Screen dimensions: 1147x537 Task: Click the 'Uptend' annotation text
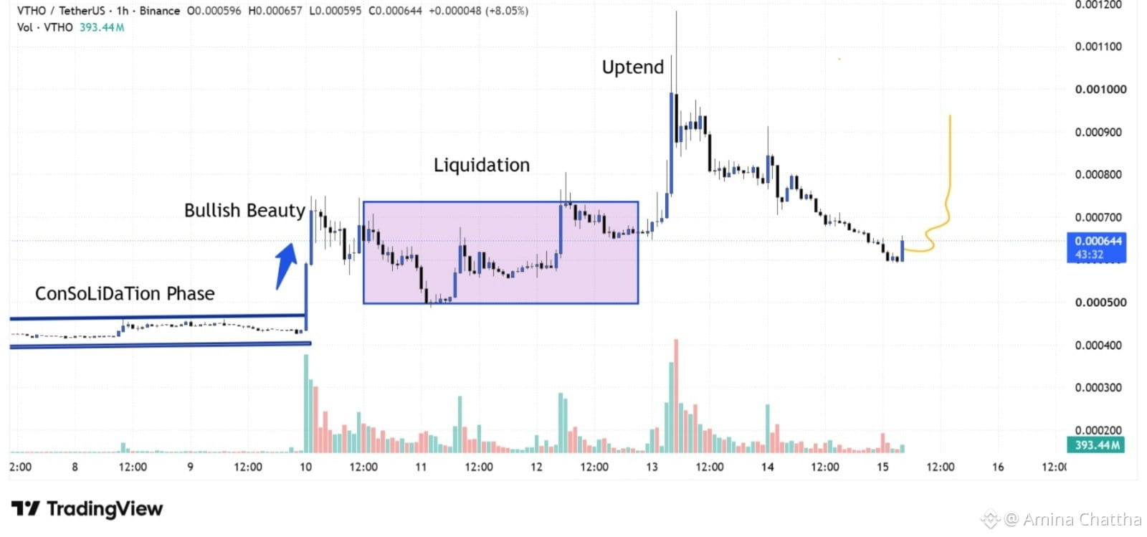632,67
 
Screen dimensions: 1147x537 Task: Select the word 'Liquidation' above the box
481,165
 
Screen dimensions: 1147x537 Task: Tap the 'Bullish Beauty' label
244,210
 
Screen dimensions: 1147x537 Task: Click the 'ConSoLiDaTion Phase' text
125,293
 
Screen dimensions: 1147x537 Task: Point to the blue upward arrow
286,265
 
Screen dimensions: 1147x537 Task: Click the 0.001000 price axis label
1100,89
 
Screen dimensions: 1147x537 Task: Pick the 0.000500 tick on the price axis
1100,302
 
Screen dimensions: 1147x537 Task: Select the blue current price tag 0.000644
1096,247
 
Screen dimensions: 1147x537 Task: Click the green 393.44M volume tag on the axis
1096,445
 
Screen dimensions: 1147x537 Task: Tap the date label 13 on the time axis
652,467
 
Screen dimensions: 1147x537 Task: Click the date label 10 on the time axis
305,467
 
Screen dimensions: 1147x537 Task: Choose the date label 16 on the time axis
997,467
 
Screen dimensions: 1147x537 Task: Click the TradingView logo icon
26,508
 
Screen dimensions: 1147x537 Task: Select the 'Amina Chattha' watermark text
1082,519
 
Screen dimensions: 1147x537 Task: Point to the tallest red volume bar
676,396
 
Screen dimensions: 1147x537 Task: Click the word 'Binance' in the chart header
159,11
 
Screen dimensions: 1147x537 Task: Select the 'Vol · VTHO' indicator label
44,27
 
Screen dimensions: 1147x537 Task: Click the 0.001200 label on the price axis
1098,5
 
